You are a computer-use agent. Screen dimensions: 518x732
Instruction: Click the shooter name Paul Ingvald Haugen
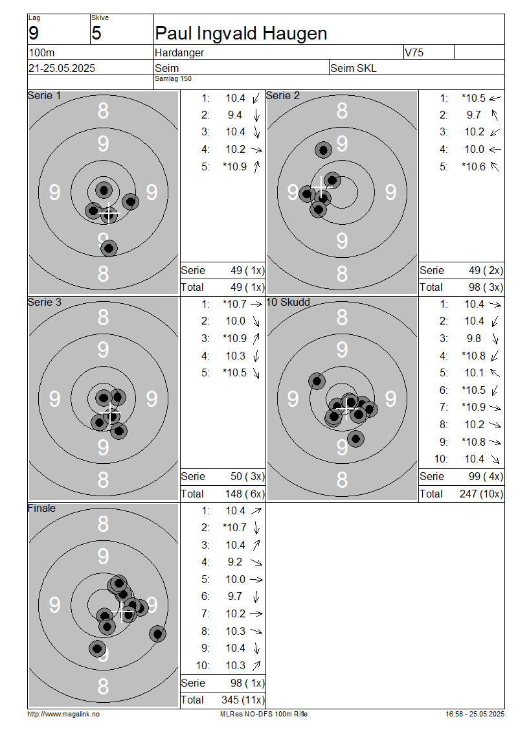pyautogui.click(x=241, y=34)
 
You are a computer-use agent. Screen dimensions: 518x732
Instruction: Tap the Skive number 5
pyautogui.click(x=96, y=33)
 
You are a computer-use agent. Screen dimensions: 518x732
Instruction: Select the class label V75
pyautogui.click(x=414, y=52)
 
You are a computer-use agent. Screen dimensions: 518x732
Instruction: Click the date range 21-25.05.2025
pyautogui.click(x=62, y=68)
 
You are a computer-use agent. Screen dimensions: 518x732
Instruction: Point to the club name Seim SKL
pyautogui.click(x=354, y=68)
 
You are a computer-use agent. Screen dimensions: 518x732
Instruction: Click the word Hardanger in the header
pyautogui.click(x=179, y=53)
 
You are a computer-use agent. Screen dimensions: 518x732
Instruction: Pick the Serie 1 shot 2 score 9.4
pyautogui.click(x=235, y=115)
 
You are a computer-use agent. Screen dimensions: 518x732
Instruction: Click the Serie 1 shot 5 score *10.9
pyautogui.click(x=235, y=166)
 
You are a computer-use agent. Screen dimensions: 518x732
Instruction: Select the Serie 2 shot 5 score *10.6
pyautogui.click(x=474, y=166)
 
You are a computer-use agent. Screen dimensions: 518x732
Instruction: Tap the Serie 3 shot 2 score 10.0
pyautogui.click(x=236, y=321)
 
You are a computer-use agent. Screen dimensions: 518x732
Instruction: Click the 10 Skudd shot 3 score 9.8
pyautogui.click(x=474, y=338)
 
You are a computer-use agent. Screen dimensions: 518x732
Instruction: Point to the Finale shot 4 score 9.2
pyautogui.click(x=235, y=562)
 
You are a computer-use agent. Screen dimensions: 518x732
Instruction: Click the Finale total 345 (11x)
pyautogui.click(x=243, y=700)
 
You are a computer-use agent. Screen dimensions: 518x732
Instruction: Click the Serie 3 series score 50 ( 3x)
pyautogui.click(x=247, y=477)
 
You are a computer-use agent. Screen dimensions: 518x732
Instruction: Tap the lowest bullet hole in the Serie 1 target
pyautogui.click(x=109, y=248)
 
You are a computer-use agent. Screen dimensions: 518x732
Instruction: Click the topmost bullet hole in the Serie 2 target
pyautogui.click(x=323, y=150)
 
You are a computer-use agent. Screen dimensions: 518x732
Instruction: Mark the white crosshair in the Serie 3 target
pyautogui.click(x=110, y=414)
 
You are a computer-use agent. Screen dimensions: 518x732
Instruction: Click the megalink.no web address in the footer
pyautogui.click(x=63, y=714)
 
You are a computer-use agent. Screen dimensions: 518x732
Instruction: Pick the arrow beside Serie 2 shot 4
pyautogui.click(x=495, y=150)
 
